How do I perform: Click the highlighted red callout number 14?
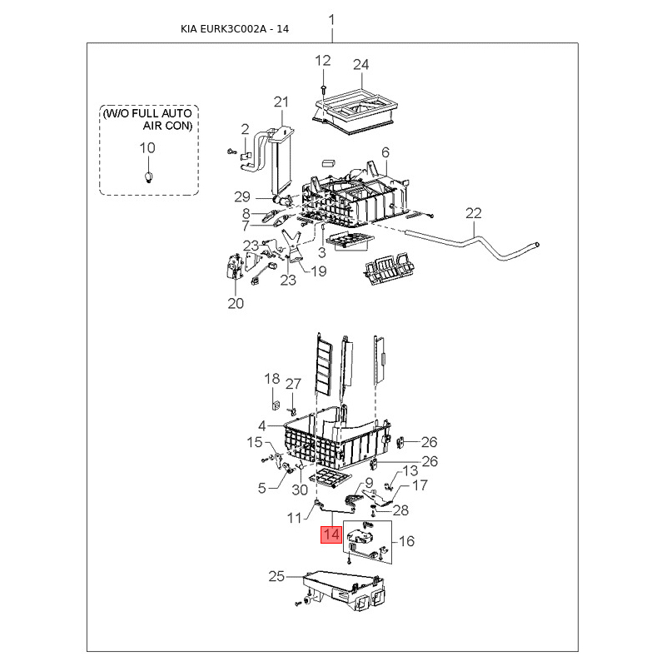[331, 534]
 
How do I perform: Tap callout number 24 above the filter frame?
[361, 65]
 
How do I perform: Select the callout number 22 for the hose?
[474, 213]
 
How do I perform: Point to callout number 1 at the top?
[331, 19]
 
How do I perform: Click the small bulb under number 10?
[148, 176]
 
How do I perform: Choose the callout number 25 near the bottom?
[276, 576]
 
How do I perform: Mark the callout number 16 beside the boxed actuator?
[406, 541]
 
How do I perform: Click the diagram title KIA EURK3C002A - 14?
[235, 29]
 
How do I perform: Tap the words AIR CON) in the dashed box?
[167, 126]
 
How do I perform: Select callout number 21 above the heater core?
[281, 102]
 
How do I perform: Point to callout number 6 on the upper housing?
[385, 152]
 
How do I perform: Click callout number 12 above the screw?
[323, 61]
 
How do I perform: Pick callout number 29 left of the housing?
[242, 196]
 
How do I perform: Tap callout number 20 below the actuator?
[236, 303]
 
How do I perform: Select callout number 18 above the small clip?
[272, 379]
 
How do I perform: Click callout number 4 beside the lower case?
[262, 426]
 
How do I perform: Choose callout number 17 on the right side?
[420, 485]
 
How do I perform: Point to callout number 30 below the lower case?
[300, 490]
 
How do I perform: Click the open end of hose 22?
[538, 245]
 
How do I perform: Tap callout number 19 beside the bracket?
[319, 271]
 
